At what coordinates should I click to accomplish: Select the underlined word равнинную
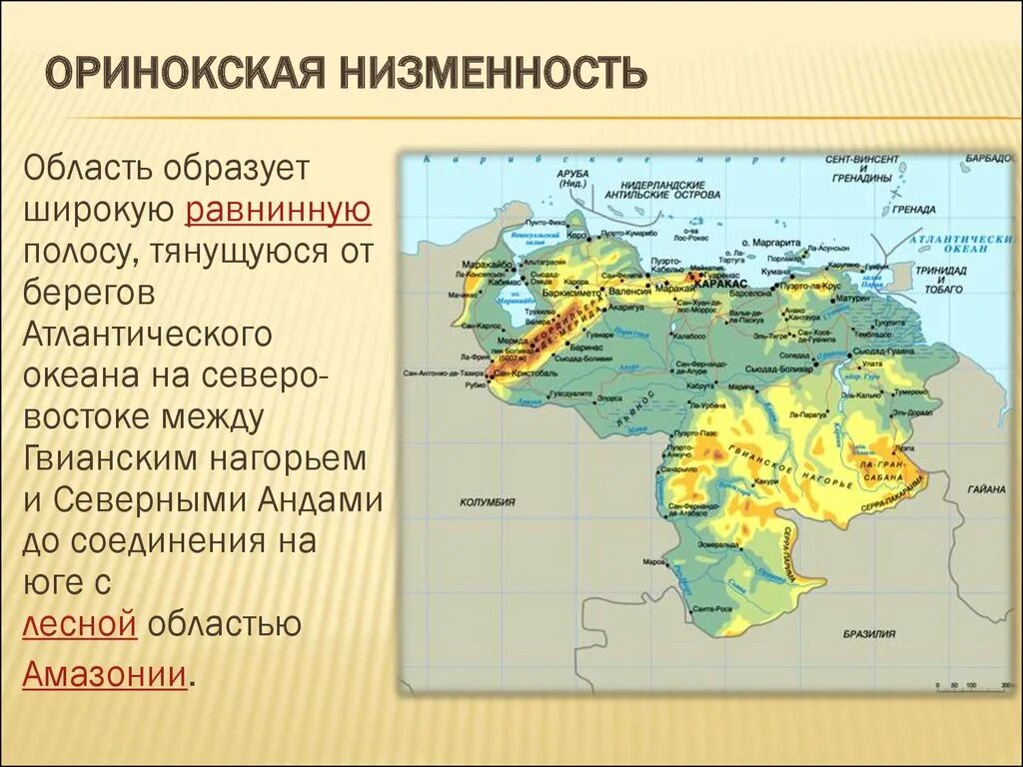(278, 210)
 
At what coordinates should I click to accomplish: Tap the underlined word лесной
(79, 624)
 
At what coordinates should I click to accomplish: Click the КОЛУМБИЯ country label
(487, 502)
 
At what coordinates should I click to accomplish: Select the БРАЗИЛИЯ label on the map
(868, 633)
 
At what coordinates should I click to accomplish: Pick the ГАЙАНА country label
(985, 489)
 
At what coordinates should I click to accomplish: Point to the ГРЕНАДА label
(914, 210)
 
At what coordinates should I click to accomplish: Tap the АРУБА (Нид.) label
(571, 178)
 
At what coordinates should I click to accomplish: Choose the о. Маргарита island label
(772, 243)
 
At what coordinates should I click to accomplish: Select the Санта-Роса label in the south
(711, 608)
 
